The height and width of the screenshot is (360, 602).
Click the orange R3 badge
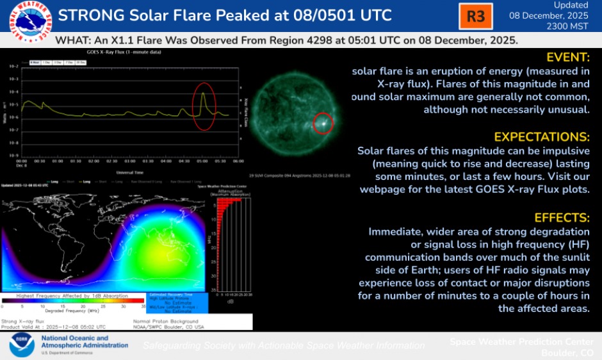coord(476,16)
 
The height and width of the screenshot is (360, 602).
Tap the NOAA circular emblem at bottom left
coord(20,345)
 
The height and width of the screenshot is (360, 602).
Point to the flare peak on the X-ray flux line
coord(203,94)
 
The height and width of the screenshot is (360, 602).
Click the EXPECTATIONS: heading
coord(542,137)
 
